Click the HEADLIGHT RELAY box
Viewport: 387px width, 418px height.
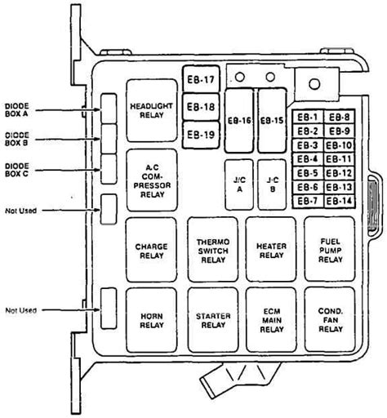point(152,110)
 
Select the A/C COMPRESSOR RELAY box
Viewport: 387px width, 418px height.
point(152,180)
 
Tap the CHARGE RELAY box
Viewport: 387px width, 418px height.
point(151,250)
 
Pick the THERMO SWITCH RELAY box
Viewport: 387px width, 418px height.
point(213,249)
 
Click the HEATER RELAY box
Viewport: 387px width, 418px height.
point(271,249)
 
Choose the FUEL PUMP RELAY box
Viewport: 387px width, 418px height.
point(330,249)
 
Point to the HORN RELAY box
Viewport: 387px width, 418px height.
point(151,320)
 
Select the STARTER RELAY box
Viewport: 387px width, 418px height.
point(213,320)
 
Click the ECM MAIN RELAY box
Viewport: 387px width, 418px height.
point(271,320)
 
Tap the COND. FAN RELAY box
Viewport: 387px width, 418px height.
point(330,319)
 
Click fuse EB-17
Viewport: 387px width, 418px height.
point(201,79)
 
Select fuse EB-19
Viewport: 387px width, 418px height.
point(201,135)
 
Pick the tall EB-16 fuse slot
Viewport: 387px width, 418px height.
point(239,120)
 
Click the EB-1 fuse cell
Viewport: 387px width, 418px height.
point(308,117)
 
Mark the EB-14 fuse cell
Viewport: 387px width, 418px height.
point(340,202)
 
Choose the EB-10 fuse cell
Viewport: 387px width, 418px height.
point(340,145)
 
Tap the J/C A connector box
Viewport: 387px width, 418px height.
point(239,185)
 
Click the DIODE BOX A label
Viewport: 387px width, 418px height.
point(17,110)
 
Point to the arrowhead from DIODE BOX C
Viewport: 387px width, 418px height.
point(98,170)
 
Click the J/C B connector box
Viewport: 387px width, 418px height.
point(272,185)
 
